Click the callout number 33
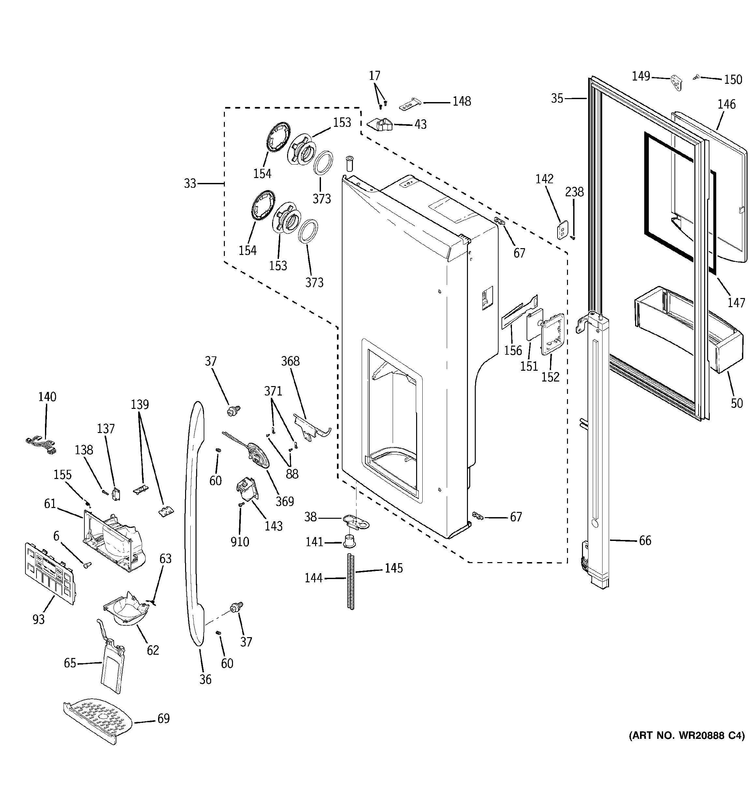[190, 184]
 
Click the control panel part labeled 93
[50, 573]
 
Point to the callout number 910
[240, 542]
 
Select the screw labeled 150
[696, 77]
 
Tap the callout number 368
[290, 361]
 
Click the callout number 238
[574, 192]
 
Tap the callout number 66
[645, 541]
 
